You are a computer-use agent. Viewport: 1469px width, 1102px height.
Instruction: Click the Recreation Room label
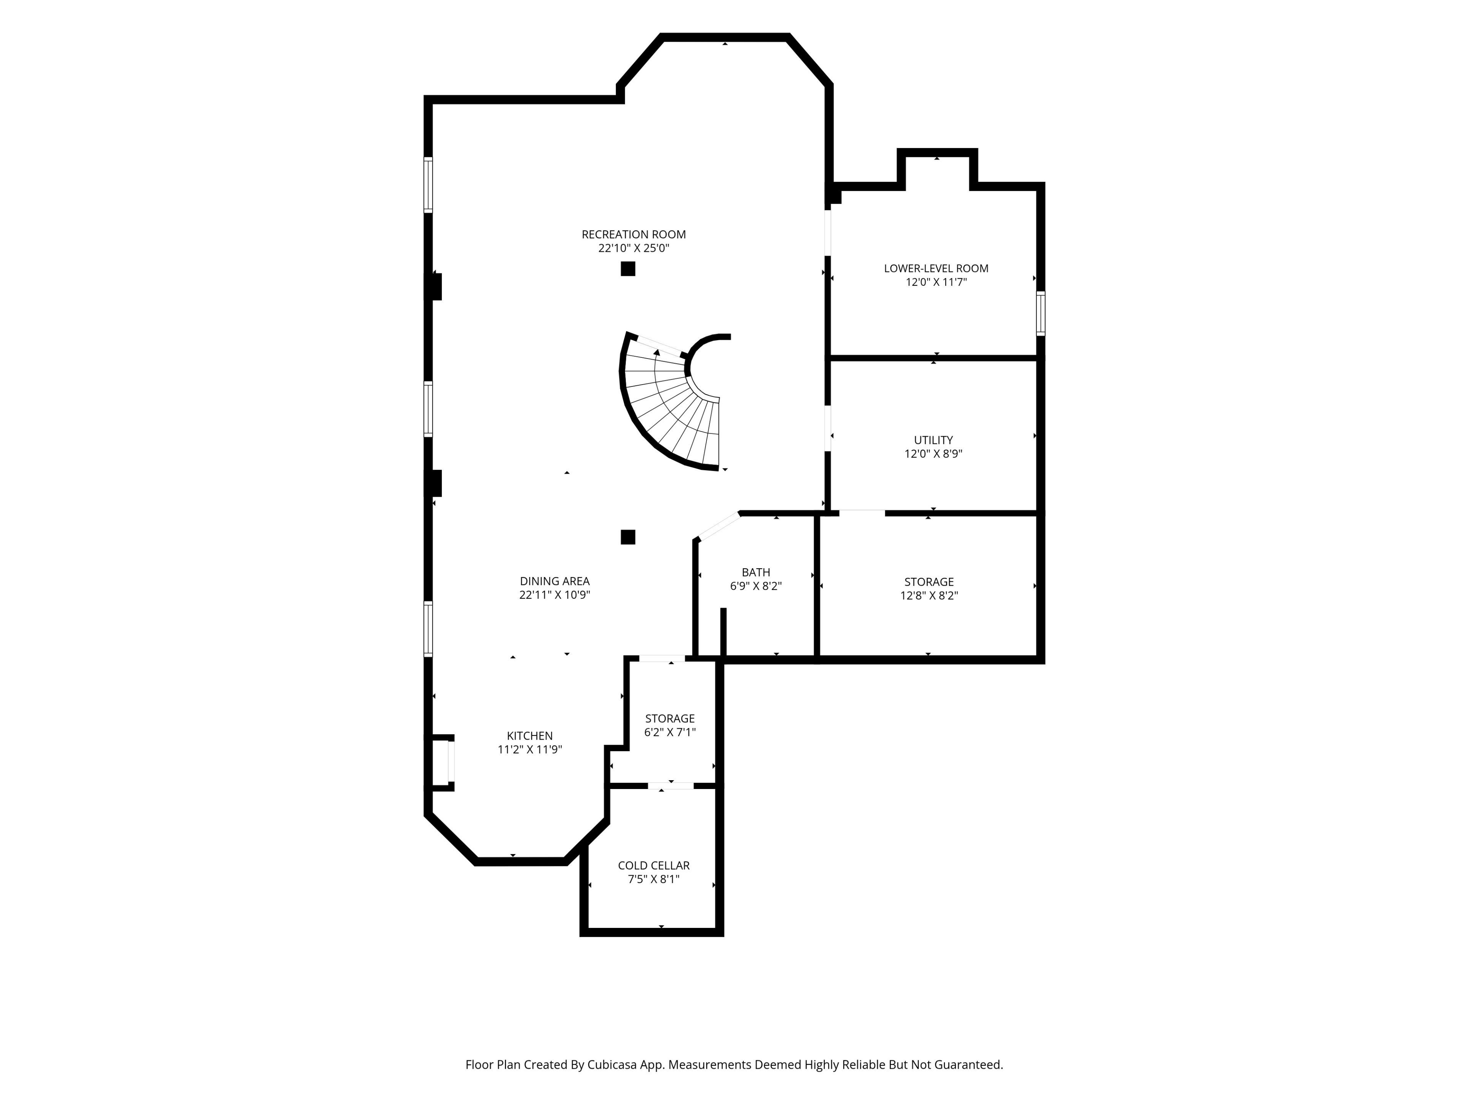click(x=634, y=235)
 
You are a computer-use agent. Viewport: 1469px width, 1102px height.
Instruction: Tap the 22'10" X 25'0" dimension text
click(x=634, y=248)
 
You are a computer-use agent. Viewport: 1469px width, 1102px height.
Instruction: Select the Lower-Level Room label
click(x=936, y=268)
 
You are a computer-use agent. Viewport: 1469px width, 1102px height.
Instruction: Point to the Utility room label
click(x=933, y=440)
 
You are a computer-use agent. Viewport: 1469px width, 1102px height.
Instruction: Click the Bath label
click(x=756, y=572)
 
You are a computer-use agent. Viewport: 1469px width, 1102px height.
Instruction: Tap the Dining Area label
click(x=555, y=581)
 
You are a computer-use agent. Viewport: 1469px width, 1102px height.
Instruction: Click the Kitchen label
click(x=529, y=735)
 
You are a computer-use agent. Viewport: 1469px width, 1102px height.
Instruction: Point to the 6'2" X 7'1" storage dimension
click(x=669, y=732)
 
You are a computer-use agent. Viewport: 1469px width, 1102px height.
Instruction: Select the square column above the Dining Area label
click(x=628, y=537)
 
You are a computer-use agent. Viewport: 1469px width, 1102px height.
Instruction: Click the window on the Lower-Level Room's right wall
click(x=1041, y=313)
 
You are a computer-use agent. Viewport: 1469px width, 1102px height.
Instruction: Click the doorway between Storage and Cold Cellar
click(x=671, y=786)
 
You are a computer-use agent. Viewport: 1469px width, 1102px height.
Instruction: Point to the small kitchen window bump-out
click(x=441, y=762)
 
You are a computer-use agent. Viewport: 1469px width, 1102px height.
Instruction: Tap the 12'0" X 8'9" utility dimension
click(x=933, y=454)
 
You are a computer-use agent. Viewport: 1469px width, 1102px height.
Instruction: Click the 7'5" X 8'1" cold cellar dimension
click(x=653, y=879)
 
